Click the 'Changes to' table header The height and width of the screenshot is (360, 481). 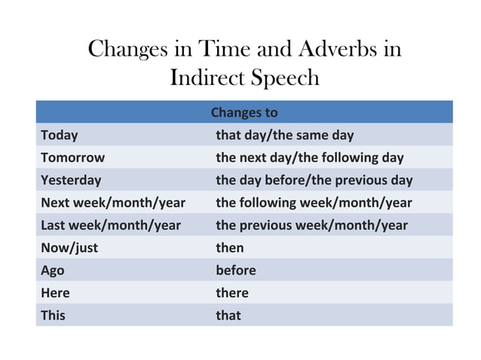(244, 113)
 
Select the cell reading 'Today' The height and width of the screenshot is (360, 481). (60, 136)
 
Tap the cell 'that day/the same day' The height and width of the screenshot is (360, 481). (284, 136)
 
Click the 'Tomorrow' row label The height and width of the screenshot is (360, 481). (72, 158)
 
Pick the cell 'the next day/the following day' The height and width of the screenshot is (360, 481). (309, 158)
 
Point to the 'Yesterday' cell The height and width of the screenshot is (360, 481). (71, 181)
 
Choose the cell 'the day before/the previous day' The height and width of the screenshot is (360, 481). (314, 181)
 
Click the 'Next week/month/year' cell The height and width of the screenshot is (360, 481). (113, 203)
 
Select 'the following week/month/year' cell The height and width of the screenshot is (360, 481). (314, 203)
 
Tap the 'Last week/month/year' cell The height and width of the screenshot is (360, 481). (111, 225)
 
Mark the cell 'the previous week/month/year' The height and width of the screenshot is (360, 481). (311, 225)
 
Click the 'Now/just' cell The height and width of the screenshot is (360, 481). (69, 248)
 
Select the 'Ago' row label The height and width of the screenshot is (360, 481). (53, 270)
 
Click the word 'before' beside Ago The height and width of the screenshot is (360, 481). (236, 270)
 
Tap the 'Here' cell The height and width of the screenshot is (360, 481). (55, 293)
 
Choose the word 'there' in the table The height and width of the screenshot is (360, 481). (231, 293)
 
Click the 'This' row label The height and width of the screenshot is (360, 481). (53, 316)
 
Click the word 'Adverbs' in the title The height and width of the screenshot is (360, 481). (339, 49)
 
